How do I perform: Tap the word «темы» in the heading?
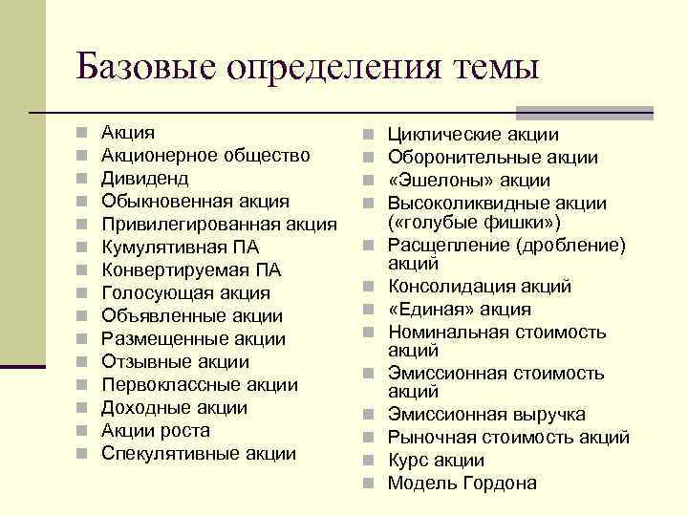(494, 68)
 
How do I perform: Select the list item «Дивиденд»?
(145, 179)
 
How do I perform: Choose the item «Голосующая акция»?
(185, 293)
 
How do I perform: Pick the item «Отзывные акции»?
(175, 362)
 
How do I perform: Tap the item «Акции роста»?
(156, 431)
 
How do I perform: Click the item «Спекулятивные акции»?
(198, 454)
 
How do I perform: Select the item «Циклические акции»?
(473, 135)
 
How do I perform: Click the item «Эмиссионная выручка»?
(486, 415)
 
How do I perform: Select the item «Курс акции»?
(436, 461)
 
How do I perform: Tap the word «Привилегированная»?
(189, 225)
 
